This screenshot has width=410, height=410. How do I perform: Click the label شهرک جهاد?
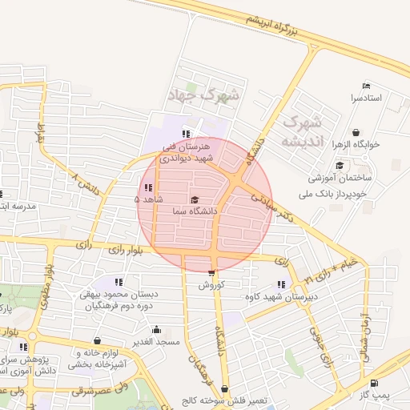point(203,95)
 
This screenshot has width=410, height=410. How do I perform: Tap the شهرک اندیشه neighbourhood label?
point(302,132)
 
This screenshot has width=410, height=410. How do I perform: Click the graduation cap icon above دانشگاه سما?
point(195,199)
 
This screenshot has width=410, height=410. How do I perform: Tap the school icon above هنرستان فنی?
point(186,134)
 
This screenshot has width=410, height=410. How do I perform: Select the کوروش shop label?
point(212,284)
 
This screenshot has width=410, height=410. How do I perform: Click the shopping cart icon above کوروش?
point(211,272)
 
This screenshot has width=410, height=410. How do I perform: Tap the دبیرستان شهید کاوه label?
point(281,296)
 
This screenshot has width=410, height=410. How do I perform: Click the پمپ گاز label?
point(372,395)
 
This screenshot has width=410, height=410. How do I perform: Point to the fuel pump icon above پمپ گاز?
point(376,383)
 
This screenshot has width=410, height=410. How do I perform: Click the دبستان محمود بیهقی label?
point(119,294)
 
